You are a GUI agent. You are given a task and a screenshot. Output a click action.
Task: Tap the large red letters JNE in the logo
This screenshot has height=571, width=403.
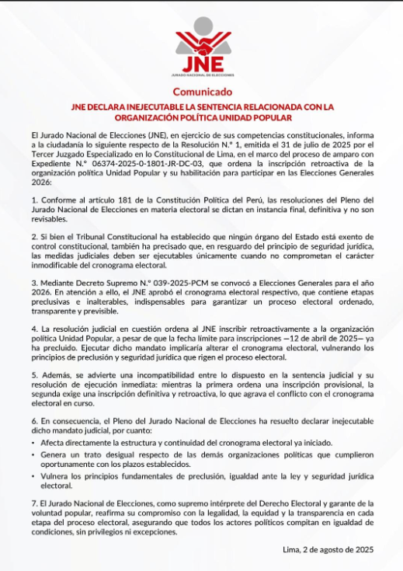tap(201, 62)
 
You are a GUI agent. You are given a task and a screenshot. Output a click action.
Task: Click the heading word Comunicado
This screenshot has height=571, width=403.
tap(201, 92)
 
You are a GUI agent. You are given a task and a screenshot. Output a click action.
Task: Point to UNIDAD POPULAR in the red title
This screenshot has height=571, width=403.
tap(256, 118)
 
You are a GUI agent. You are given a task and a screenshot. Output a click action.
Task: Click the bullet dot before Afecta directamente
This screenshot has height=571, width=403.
tap(34, 441)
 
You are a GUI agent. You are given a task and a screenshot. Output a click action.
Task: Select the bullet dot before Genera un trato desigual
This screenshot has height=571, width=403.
tap(34, 453)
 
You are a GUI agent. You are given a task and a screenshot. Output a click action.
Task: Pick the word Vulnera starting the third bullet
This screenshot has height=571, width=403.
tap(55, 475)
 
